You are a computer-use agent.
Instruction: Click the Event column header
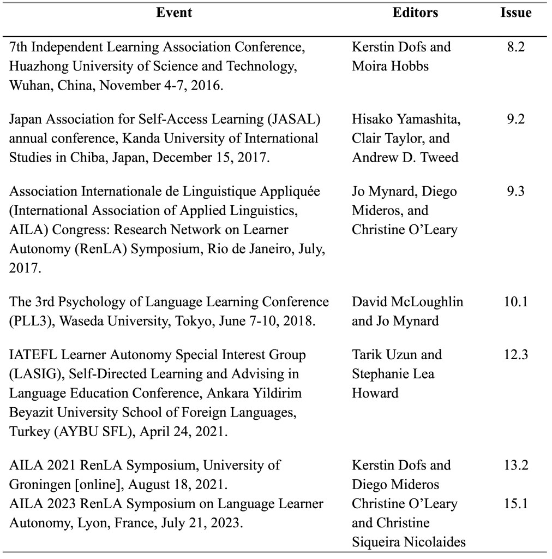pyautogui.click(x=174, y=13)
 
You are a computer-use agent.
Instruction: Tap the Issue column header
pyautogui.click(x=515, y=13)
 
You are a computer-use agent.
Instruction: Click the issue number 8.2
pyautogui.click(x=515, y=47)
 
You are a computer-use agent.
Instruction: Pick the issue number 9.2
pyautogui.click(x=515, y=119)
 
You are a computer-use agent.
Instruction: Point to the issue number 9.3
pyautogui.click(x=515, y=191)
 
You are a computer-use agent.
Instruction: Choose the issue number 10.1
pyautogui.click(x=515, y=302)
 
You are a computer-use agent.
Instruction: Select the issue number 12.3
pyautogui.click(x=515, y=355)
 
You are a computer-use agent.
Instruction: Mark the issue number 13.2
pyautogui.click(x=515, y=466)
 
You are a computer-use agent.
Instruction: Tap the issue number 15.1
pyautogui.click(x=515, y=503)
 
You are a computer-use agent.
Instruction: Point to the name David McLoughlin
pyautogui.click(x=407, y=302)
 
